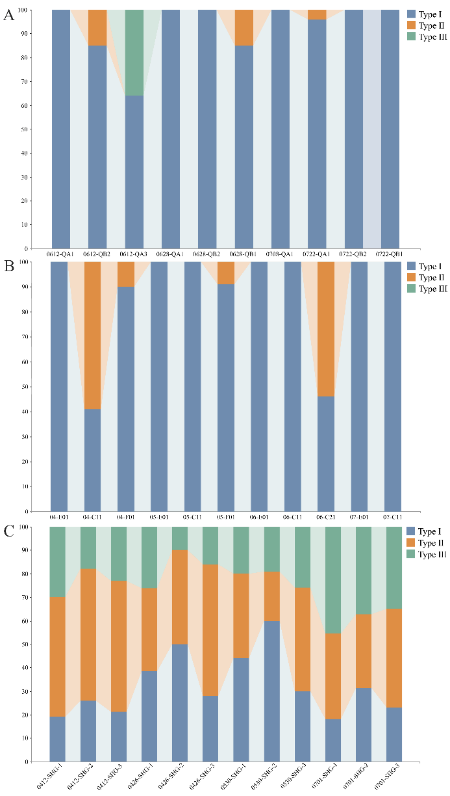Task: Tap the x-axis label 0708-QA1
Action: point(280,253)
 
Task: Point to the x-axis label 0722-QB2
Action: point(353,253)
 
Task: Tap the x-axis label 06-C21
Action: point(326,517)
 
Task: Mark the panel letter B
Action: point(9,267)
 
